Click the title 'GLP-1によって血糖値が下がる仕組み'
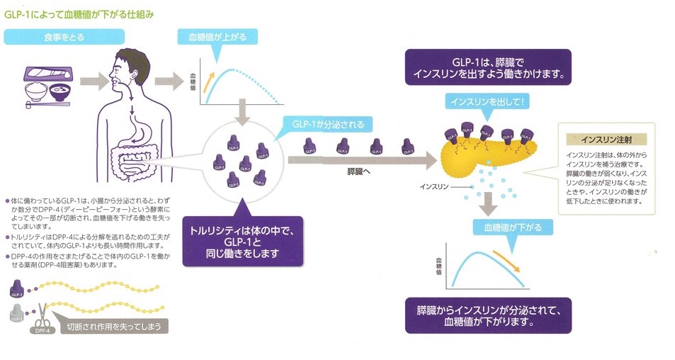pos(80,13)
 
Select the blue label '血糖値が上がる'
pos(217,36)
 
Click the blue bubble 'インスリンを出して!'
pos(485,102)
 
